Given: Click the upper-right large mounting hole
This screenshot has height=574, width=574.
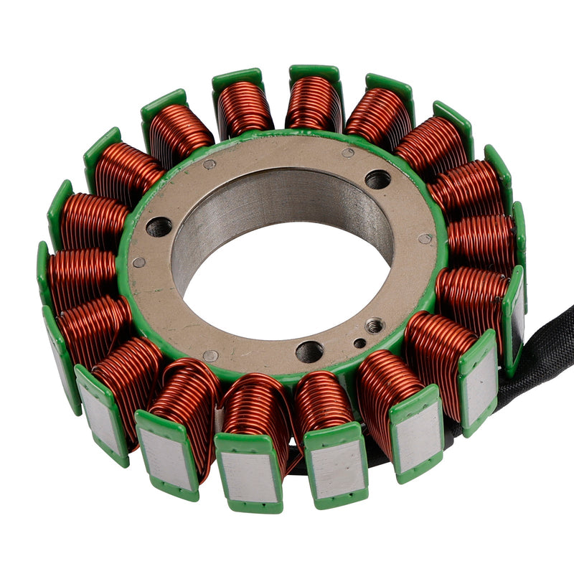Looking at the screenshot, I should click(377, 179).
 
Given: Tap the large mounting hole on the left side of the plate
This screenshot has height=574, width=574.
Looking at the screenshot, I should click(159, 227).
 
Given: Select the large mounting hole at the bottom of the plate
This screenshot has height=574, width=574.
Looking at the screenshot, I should click(309, 352).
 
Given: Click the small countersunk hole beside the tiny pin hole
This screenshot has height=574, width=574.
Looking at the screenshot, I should click(375, 326).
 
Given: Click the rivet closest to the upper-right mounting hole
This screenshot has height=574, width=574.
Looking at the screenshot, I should click(347, 153).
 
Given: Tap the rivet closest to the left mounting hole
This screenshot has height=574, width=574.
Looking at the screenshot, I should click(139, 262).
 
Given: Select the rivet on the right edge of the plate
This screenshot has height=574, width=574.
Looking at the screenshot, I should click(425, 239).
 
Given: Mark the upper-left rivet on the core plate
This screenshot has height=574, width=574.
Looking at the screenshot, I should click(210, 164).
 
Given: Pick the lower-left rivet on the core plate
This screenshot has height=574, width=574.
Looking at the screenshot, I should click(210, 356).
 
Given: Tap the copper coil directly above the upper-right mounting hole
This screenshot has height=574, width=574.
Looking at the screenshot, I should click(377, 115).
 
